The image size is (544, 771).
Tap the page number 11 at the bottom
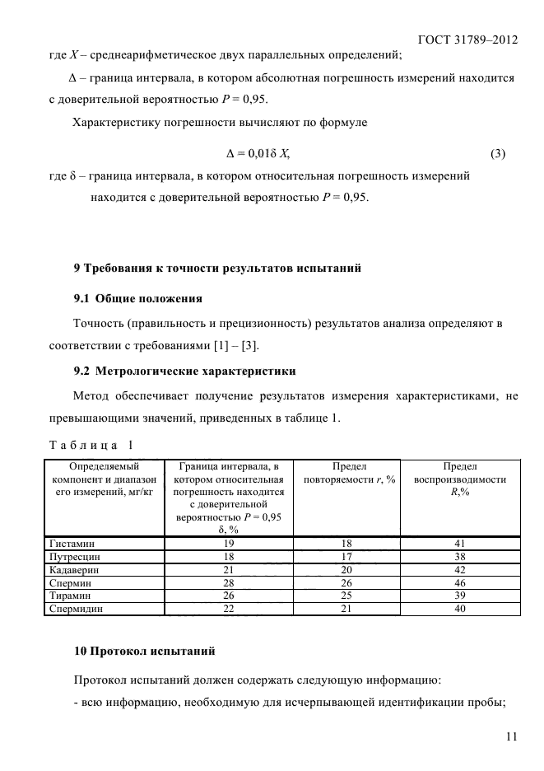pos(511,737)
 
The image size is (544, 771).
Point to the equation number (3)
pos(497,153)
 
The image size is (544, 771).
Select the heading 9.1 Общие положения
pos(138,297)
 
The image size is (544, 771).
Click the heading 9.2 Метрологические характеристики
pos(185,371)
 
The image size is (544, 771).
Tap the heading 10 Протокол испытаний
pos(145,652)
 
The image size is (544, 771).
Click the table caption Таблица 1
pos(91,445)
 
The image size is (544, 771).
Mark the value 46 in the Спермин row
pos(460,582)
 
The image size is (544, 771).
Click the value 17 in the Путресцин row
pos(346,556)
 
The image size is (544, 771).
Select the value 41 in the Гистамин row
pos(460,544)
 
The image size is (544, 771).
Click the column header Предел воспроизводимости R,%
pos(460,479)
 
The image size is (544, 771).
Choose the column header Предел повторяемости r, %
pos(346,473)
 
